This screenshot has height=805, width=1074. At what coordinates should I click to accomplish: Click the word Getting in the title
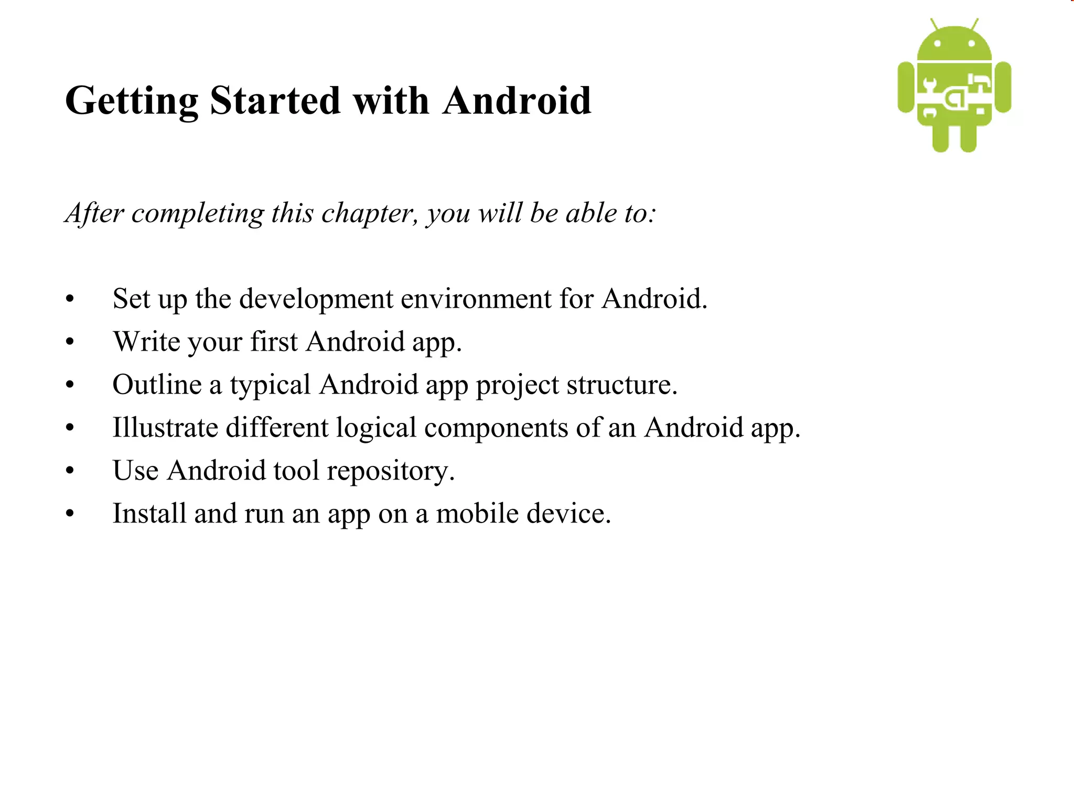tap(131, 101)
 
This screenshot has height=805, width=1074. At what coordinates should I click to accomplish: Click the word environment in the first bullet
tap(476, 299)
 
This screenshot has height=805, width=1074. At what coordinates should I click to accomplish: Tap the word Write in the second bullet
tap(146, 342)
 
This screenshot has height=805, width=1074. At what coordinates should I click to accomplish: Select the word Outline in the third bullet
tap(157, 385)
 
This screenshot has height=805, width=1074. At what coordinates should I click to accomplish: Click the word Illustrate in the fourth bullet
tap(165, 427)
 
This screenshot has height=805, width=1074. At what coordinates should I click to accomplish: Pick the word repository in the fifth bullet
tap(390, 471)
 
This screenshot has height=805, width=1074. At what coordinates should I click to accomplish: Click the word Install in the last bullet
tap(149, 513)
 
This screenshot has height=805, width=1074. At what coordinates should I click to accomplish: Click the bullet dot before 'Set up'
tap(70, 300)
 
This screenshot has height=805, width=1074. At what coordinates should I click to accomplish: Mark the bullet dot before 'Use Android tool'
tap(70, 471)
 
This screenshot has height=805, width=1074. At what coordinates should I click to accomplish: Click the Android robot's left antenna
tap(934, 25)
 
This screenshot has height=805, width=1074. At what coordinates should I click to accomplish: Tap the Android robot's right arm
tap(1003, 87)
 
